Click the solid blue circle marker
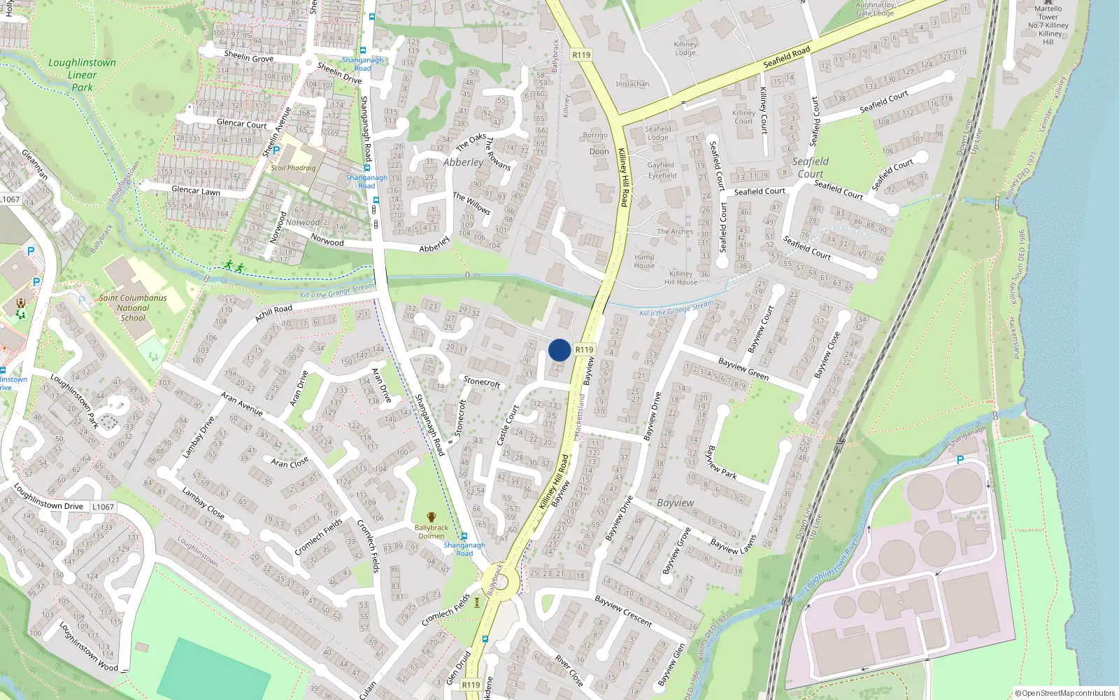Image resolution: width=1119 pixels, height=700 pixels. pyautogui.click(x=559, y=350)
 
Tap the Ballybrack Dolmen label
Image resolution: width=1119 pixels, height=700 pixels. pyautogui.click(x=431, y=531)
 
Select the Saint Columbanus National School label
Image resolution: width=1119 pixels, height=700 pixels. pyautogui.click(x=133, y=307)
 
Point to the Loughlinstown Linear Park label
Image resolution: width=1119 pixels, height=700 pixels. pyautogui.click(x=83, y=74)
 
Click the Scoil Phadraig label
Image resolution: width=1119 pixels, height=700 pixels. pyautogui.click(x=293, y=168)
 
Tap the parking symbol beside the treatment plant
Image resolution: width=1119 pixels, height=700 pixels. pyautogui.click(x=960, y=460)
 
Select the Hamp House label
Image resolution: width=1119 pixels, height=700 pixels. pyautogui.click(x=644, y=261)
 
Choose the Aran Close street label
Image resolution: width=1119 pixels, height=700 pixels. pyautogui.click(x=290, y=463)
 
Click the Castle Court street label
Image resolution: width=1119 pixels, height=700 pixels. pyautogui.click(x=507, y=425)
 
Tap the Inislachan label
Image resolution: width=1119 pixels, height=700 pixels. pyautogui.click(x=632, y=84)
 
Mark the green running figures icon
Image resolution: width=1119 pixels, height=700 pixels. pyautogui.click(x=234, y=266)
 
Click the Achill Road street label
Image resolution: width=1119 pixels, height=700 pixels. pyautogui.click(x=273, y=313)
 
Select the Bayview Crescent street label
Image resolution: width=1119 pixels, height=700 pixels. pyautogui.click(x=622, y=611)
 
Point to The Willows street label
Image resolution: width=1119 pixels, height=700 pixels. pyautogui.click(x=471, y=203)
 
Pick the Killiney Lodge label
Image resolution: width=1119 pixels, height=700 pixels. pyautogui.click(x=685, y=48)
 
